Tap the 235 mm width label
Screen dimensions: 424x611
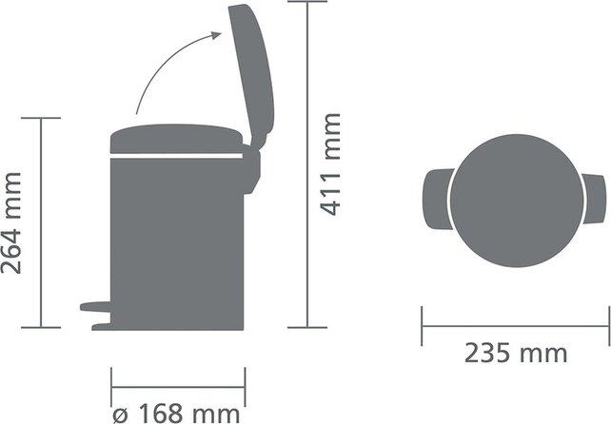(515, 354)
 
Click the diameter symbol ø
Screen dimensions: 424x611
(120, 414)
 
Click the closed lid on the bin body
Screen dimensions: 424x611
(176, 139)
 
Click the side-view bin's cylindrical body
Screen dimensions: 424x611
(176, 238)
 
